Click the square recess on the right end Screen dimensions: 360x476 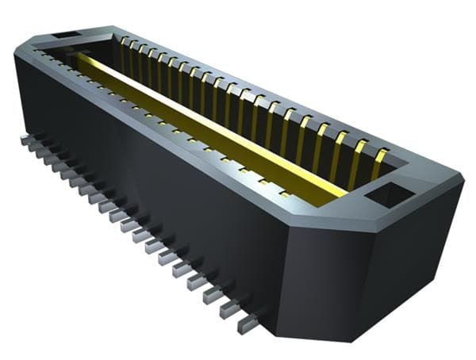coord(388,193)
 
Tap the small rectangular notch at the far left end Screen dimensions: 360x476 coord(67,36)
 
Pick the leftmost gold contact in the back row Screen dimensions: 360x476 coord(125,43)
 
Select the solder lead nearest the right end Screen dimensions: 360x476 coord(248,320)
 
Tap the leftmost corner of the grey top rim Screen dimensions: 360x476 coord(15,50)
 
